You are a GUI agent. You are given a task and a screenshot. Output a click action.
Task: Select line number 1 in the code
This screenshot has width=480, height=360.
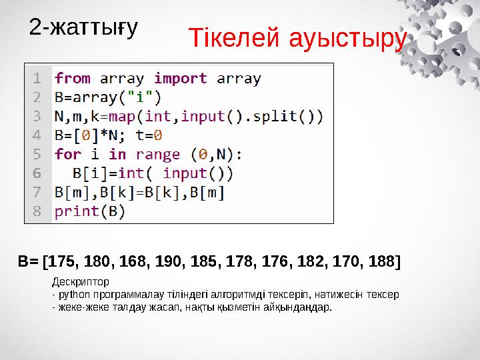coord(37,78)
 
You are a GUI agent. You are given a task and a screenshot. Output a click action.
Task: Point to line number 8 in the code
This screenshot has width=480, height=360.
coord(37,212)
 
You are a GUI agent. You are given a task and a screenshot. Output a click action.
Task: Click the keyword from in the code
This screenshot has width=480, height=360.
coord(73,78)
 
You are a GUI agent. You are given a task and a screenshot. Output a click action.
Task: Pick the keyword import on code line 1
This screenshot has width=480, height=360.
coord(181,78)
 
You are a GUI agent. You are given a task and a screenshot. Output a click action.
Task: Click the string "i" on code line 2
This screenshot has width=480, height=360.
coord(143,97)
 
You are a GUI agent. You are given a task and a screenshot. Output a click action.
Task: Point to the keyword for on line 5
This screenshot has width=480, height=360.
coord(68,155)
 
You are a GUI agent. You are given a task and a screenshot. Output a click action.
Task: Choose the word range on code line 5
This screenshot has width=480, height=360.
coord(157,155)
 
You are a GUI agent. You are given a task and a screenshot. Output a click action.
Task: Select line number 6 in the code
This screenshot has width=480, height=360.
coord(37,173)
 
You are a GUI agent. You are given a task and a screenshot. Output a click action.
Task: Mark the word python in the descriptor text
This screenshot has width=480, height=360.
coord(73,294)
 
